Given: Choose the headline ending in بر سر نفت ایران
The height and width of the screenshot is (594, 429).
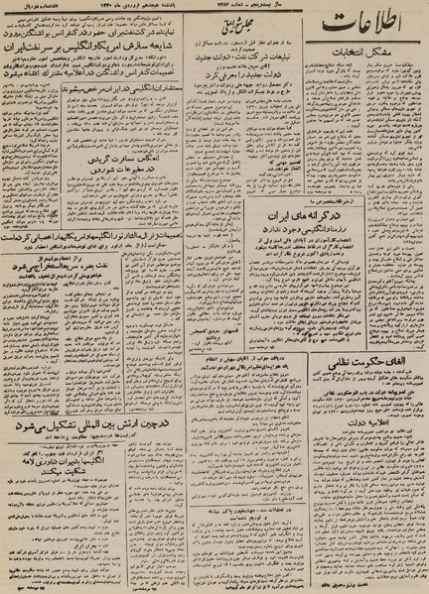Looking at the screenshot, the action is pyautogui.click(x=74, y=47).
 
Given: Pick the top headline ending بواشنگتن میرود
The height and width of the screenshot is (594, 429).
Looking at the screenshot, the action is pyautogui.click(x=74, y=31).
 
